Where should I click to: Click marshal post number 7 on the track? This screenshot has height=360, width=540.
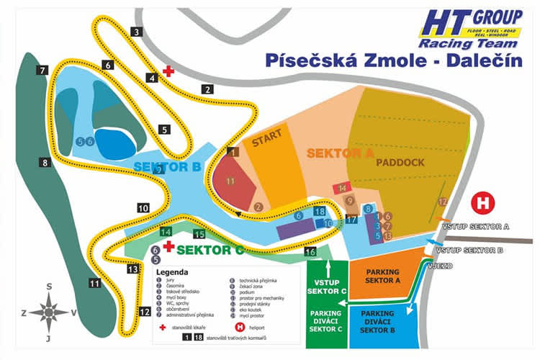pyautogui.click(x=43, y=70)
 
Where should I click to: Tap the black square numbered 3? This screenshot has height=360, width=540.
pyautogui.click(x=136, y=31)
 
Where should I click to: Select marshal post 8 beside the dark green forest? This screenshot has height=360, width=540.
pyautogui.click(x=45, y=163)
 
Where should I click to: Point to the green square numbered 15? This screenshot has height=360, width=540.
pyautogui.click(x=200, y=235)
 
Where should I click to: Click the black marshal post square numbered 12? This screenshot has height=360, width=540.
pyautogui.click(x=145, y=312)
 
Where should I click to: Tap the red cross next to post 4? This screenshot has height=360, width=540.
pyautogui.click(x=168, y=71)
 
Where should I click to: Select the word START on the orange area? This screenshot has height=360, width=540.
pyautogui.click(x=266, y=142)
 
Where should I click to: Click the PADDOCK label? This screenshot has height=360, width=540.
pyautogui.click(x=400, y=162)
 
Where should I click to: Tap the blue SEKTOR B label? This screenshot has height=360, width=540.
pyautogui.click(x=167, y=168)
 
